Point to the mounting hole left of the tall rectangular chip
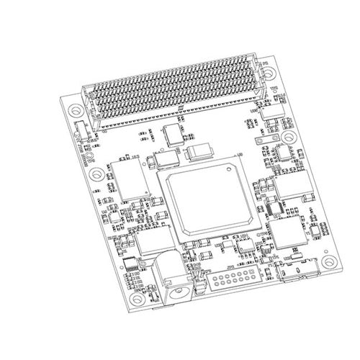tap(91, 174)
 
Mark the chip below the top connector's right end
tap(273, 112)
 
